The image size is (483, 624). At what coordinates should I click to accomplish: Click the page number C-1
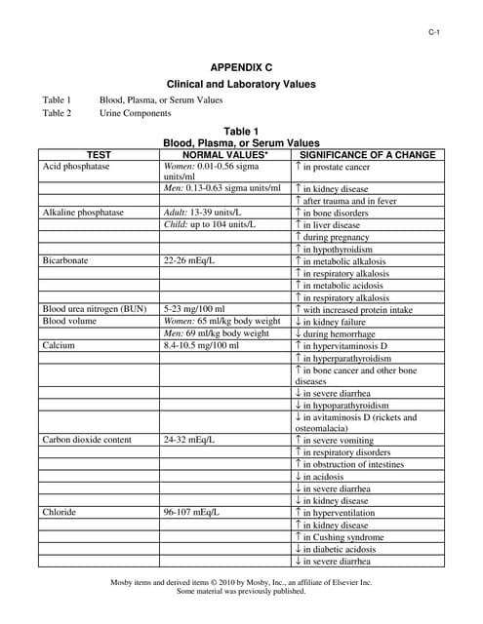(x=434, y=34)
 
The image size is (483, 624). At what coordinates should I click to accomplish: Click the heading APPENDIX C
(x=241, y=67)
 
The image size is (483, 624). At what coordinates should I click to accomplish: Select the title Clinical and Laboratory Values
(x=241, y=84)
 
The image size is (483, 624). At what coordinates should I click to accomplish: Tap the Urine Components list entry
(x=135, y=113)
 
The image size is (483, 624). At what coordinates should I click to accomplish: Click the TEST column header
(x=99, y=155)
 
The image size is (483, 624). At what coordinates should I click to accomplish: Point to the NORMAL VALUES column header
(x=224, y=155)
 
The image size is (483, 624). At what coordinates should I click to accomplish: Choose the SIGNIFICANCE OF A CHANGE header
(x=367, y=155)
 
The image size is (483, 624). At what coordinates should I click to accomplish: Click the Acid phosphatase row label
(x=76, y=167)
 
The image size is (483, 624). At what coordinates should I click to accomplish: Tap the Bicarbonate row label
(x=66, y=261)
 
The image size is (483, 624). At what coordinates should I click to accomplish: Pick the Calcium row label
(x=59, y=345)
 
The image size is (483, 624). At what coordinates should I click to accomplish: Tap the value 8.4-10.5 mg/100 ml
(x=201, y=345)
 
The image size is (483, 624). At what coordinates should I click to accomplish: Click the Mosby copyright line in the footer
(x=241, y=582)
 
